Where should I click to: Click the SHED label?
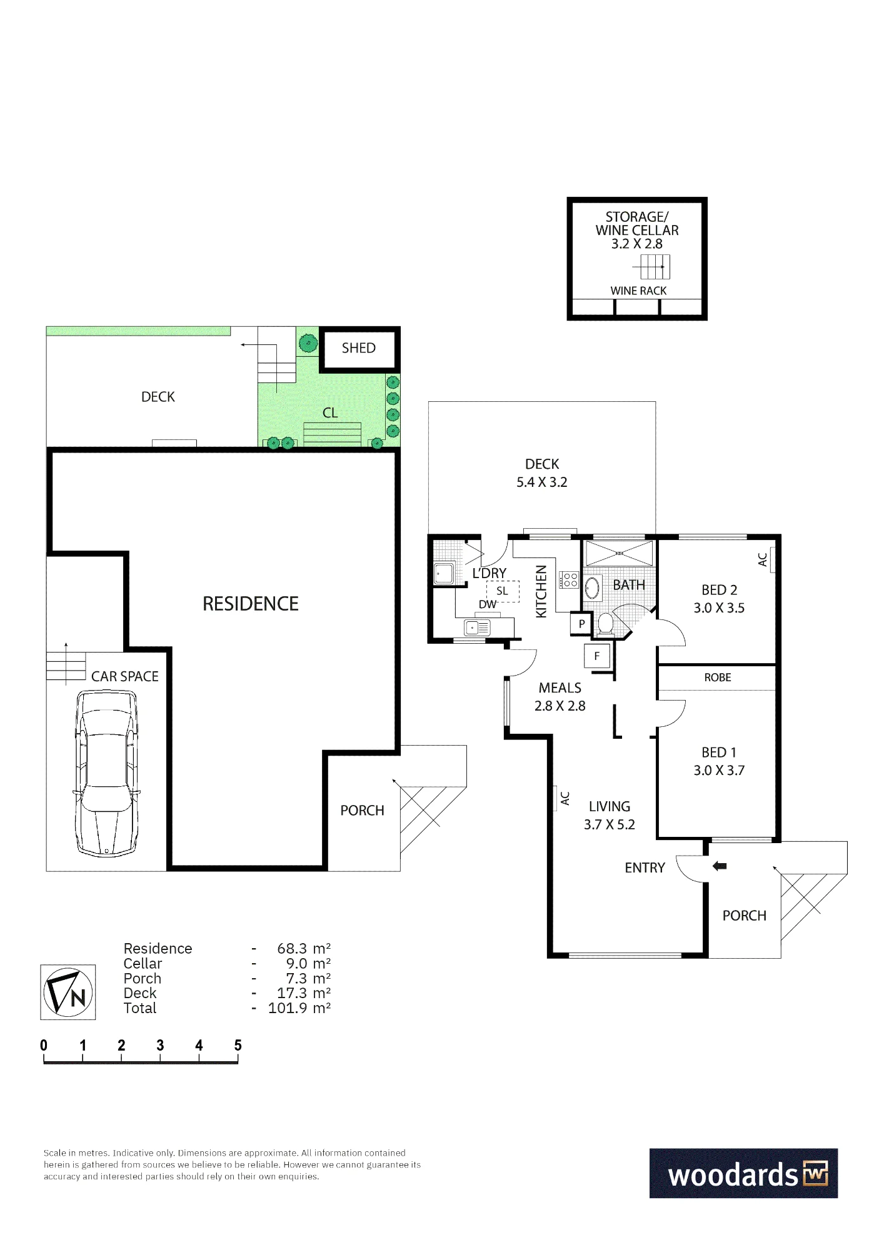[358, 348]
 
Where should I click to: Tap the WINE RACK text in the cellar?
[638, 291]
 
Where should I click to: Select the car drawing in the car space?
[106, 772]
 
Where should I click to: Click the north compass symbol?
[68, 992]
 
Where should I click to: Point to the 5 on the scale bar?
[238, 1045]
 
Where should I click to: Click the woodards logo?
[743, 1173]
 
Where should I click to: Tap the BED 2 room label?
[719, 590]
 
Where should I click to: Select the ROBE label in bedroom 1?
[717, 677]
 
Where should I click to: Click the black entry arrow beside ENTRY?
[720, 866]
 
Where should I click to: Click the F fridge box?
[597, 656]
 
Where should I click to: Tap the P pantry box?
[581, 624]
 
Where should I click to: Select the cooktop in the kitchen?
[570, 580]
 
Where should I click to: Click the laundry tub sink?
[444, 573]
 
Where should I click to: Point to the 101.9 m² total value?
[299, 1007]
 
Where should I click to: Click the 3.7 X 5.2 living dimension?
[609, 824]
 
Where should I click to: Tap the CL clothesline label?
[330, 412]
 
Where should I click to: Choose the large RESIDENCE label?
[251, 604]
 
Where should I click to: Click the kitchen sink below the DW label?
[477, 626]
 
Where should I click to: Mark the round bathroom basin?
[592, 588]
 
